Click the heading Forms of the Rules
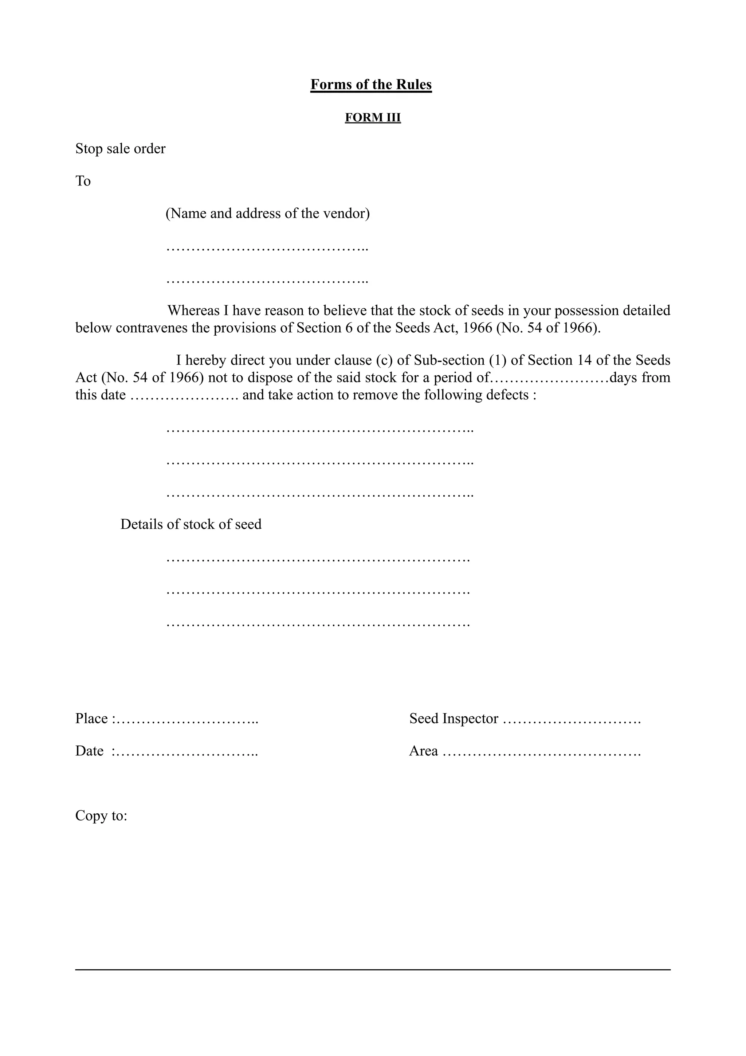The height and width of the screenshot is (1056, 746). (371, 85)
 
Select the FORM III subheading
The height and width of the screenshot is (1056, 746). (373, 118)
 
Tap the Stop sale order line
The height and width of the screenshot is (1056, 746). (121, 149)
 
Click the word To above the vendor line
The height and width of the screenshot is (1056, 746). (83, 181)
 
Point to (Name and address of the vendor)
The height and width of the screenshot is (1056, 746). (267, 214)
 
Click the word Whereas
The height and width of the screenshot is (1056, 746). (193, 311)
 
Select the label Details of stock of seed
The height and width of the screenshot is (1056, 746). (191, 524)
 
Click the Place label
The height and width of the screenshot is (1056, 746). (92, 719)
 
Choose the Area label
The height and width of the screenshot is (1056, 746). (423, 751)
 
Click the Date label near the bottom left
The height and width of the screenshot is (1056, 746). (90, 751)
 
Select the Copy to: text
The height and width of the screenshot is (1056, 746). (101, 816)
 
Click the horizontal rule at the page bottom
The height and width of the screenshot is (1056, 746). (373, 970)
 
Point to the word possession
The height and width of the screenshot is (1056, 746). (586, 311)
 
